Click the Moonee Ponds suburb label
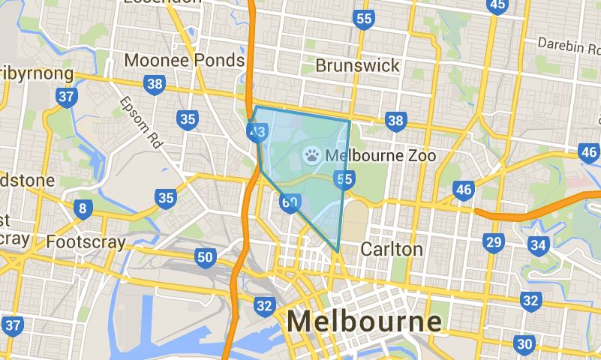[185, 60]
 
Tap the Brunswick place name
[358, 65]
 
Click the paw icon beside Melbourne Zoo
[311, 155]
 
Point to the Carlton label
[391, 248]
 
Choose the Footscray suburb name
[83, 242]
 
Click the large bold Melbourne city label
[364, 321]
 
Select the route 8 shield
[82, 208]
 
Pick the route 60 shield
[290, 202]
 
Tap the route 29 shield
[493, 242]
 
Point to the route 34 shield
[537, 245]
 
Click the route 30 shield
[524, 344]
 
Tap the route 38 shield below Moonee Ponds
[155, 84]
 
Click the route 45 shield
[497, 6]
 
